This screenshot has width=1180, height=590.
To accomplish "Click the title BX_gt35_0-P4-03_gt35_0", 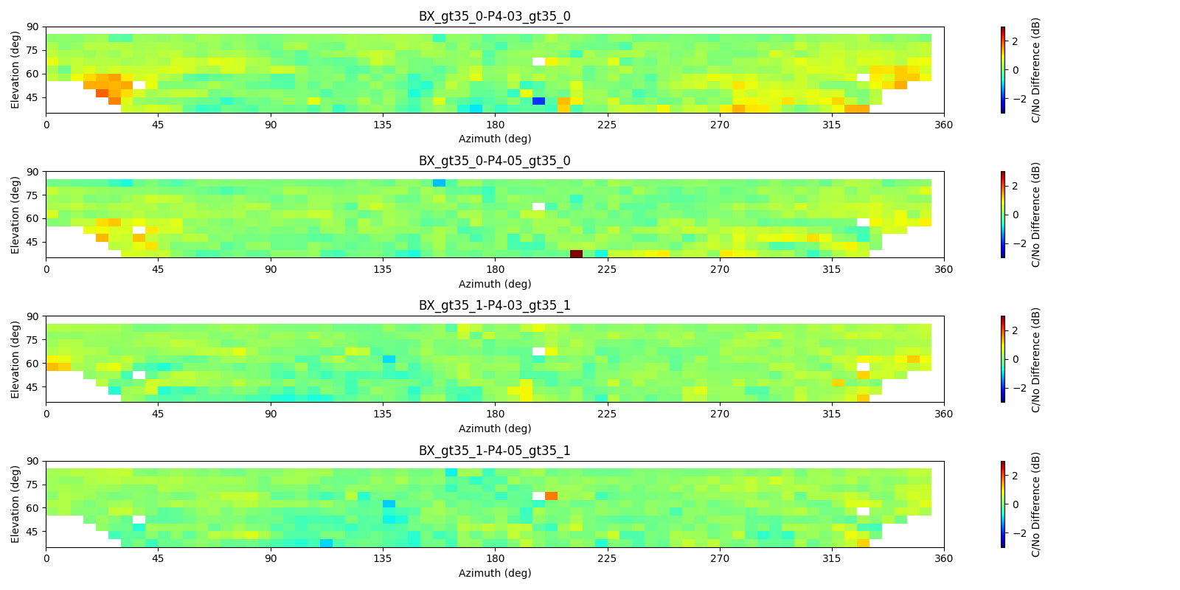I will (x=494, y=16).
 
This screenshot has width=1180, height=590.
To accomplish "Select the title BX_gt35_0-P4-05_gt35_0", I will (x=494, y=161).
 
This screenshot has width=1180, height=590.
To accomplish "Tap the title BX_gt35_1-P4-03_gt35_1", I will (x=494, y=305).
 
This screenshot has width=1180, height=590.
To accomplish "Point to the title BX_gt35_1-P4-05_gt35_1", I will (x=494, y=451).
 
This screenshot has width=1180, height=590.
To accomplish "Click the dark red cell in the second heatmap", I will (x=576, y=254).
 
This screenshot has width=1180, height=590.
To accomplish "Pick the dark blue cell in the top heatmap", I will (x=538, y=101).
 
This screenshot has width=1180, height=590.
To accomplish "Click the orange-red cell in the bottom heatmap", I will (x=551, y=496).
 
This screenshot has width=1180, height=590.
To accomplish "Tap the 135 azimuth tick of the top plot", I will (x=383, y=125).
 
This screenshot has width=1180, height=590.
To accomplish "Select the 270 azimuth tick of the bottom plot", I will (x=719, y=558).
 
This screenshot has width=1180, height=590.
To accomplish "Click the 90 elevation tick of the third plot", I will (x=32, y=316).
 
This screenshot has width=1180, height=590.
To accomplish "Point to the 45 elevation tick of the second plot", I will (x=32, y=242).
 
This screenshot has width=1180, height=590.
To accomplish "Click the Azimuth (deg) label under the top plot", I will (x=494, y=139).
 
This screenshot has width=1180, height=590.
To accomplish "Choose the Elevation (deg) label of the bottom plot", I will (x=15, y=504).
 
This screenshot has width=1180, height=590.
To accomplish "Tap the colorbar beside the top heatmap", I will (x=1003, y=70).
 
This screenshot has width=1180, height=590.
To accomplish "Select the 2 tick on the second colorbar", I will (x=1016, y=186).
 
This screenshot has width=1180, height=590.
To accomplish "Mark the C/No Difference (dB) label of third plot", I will (x=1035, y=359).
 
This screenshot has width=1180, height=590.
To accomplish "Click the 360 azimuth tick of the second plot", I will (x=943, y=269).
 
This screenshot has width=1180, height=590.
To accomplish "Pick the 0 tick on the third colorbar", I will (x=1016, y=359).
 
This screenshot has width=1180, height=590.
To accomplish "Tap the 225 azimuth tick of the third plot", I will (x=607, y=414).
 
